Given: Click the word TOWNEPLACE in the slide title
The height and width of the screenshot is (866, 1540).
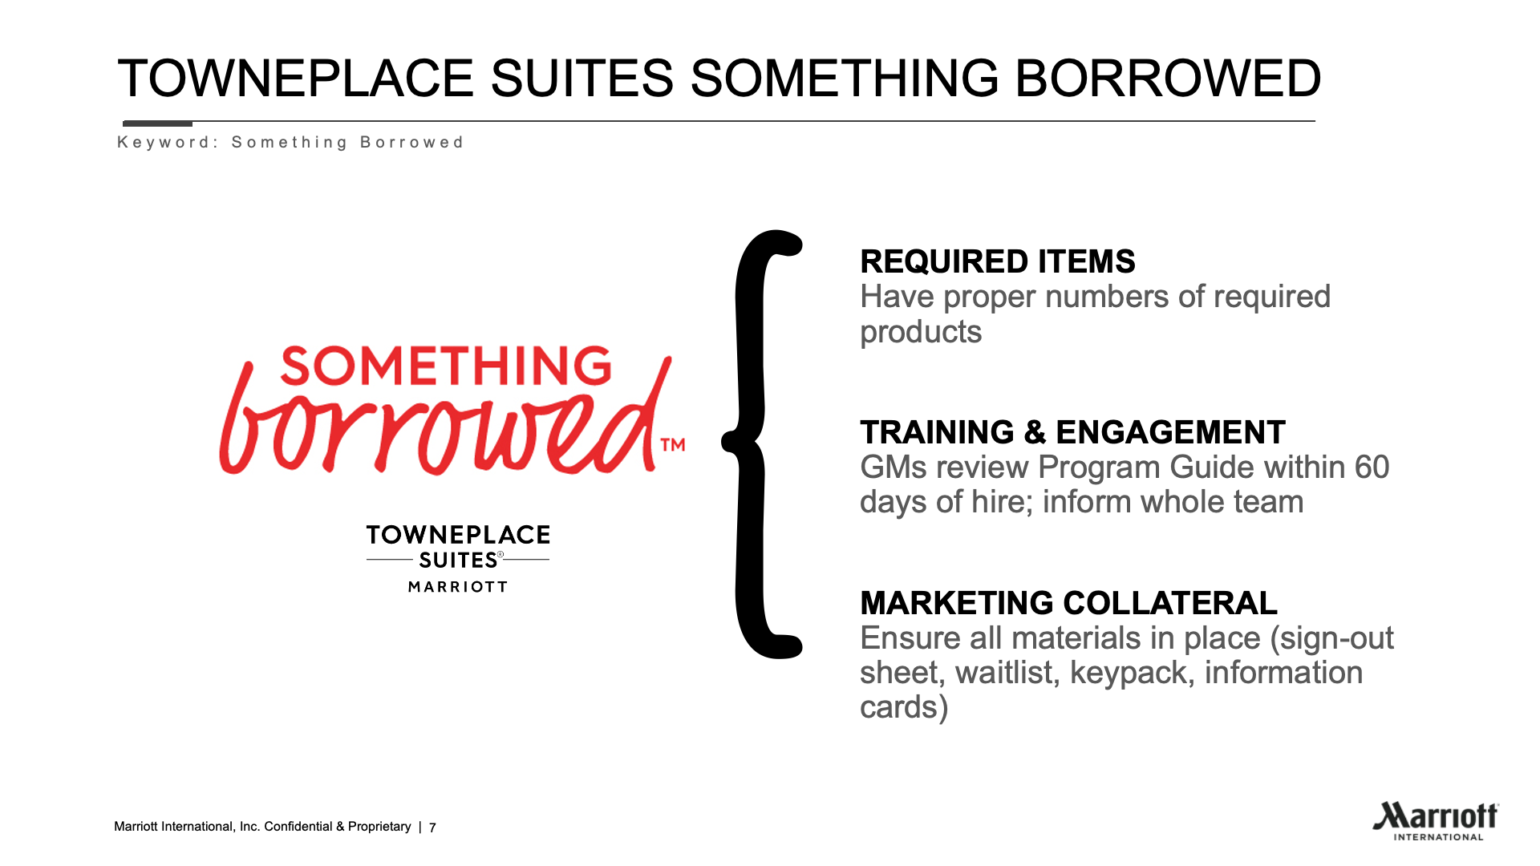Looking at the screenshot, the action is [x=296, y=79].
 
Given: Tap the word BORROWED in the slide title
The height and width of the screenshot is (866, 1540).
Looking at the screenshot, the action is [x=1168, y=79].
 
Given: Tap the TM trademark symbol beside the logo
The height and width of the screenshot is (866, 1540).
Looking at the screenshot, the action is [x=672, y=444].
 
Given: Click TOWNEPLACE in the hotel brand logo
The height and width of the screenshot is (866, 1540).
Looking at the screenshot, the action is [x=458, y=535].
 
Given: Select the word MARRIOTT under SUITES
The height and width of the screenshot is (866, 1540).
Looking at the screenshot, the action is [x=458, y=587].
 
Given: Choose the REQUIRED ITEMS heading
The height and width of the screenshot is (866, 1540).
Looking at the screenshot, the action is [x=998, y=261].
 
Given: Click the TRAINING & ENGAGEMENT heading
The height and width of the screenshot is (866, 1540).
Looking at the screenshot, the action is [x=1072, y=432].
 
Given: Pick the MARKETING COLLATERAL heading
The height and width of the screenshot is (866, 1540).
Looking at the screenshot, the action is [x=1068, y=603].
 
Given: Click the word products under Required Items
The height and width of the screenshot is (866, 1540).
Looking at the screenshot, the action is [x=921, y=333].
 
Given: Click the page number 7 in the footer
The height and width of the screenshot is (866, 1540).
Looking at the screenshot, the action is [x=432, y=828].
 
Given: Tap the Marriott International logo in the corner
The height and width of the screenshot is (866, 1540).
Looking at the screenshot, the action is [x=1435, y=821].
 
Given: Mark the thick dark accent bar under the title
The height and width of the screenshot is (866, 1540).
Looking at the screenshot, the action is [x=157, y=123].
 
